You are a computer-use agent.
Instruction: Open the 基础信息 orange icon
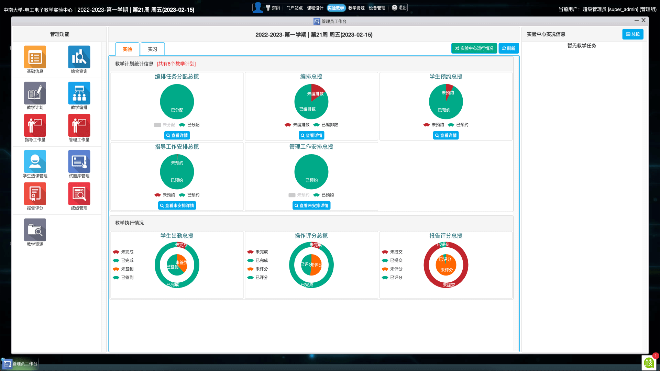click(x=35, y=57)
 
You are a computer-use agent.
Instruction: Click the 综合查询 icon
click(x=79, y=57)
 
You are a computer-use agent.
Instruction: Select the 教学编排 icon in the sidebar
click(x=79, y=93)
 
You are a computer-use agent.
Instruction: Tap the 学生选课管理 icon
click(x=35, y=161)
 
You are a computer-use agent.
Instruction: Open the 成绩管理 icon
click(x=79, y=194)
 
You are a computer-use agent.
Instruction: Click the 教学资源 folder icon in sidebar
click(x=35, y=230)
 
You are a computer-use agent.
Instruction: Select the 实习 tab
click(x=153, y=49)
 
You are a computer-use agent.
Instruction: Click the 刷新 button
click(x=509, y=48)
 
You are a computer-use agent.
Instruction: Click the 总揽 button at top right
click(x=632, y=34)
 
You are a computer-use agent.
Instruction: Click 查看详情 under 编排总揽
click(x=311, y=135)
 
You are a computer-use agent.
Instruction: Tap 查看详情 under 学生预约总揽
click(x=446, y=135)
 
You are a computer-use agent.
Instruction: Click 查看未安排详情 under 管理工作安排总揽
click(x=311, y=205)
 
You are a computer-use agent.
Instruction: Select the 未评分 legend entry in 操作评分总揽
click(x=261, y=269)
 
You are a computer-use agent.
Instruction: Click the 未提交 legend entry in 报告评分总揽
click(x=396, y=252)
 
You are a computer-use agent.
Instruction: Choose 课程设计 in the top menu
click(x=315, y=8)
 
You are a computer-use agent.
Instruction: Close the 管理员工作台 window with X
click(x=643, y=20)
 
